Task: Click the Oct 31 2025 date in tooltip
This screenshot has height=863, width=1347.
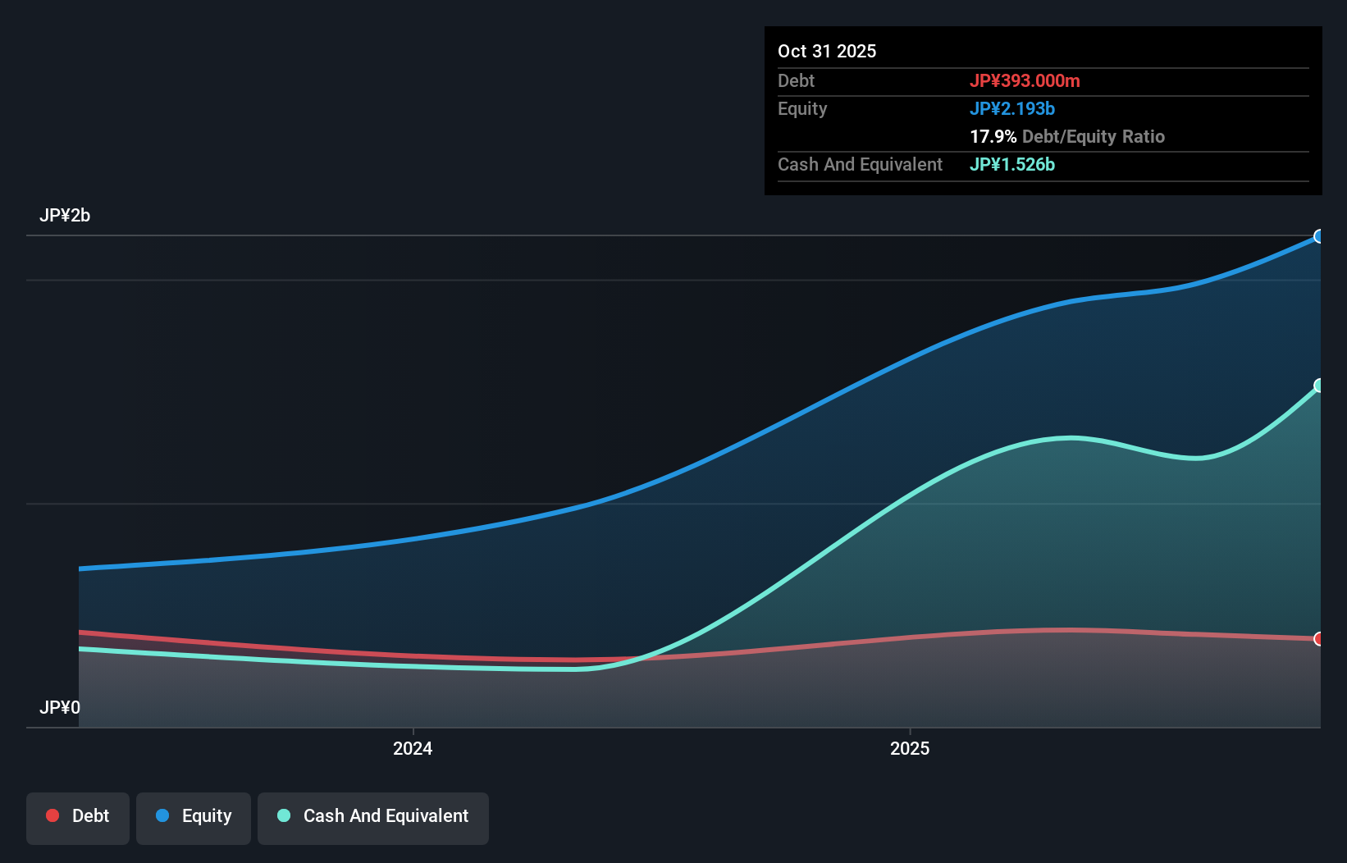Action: (x=826, y=51)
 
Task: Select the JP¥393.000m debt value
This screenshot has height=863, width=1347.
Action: (x=1024, y=80)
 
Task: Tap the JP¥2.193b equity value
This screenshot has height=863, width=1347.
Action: (x=1011, y=108)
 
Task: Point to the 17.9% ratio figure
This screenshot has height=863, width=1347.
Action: (x=993, y=136)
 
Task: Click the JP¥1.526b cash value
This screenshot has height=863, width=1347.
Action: (x=1011, y=164)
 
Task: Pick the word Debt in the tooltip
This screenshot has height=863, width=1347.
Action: (x=796, y=80)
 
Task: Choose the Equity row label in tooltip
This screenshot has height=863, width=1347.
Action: (x=801, y=108)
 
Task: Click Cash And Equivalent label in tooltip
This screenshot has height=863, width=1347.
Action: (x=860, y=164)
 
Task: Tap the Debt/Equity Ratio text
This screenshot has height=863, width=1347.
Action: (x=1093, y=136)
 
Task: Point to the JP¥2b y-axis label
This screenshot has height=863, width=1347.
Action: (x=65, y=215)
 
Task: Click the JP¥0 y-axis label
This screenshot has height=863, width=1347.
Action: (x=60, y=707)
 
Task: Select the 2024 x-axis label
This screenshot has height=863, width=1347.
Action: (x=413, y=748)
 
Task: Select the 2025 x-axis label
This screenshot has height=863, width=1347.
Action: (x=910, y=748)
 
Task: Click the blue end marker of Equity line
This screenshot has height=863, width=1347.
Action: (x=1318, y=236)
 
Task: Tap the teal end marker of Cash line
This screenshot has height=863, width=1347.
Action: (x=1318, y=386)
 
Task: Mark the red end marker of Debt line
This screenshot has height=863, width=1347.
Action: (x=1318, y=638)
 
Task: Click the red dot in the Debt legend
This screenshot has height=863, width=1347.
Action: (x=53, y=815)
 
